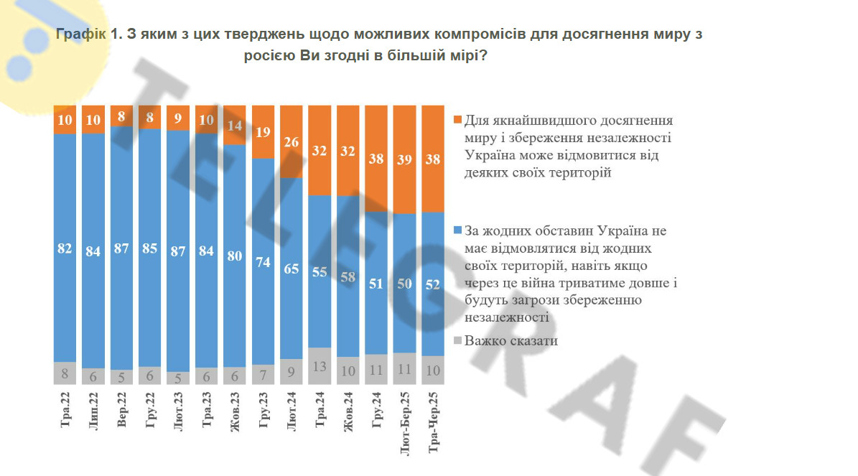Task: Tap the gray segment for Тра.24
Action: (x=320, y=366)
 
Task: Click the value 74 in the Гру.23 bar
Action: (x=264, y=261)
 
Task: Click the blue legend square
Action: (x=458, y=231)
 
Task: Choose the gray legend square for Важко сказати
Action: (x=458, y=341)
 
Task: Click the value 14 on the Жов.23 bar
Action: (x=235, y=125)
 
